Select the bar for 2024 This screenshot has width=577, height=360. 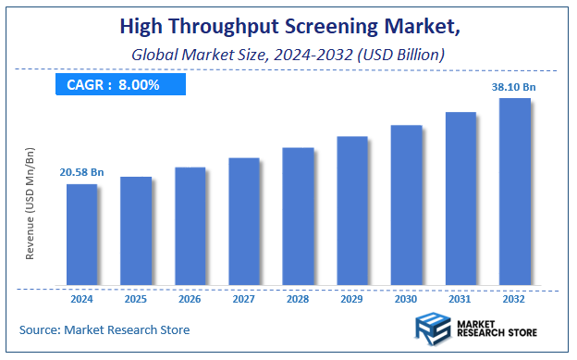[x=81, y=234]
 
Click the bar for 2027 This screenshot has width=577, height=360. [x=243, y=221]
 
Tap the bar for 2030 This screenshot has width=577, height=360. [x=406, y=205]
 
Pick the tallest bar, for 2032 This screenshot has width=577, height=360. [x=515, y=192]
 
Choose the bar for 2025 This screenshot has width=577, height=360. [x=136, y=230]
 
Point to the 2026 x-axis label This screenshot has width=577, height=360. [x=190, y=299]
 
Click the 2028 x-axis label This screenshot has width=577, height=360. [x=298, y=299]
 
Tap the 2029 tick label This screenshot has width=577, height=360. [x=352, y=299]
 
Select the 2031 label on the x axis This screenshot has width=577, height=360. [x=460, y=299]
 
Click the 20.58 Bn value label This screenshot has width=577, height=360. [x=81, y=172]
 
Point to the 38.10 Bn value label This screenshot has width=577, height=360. [x=513, y=87]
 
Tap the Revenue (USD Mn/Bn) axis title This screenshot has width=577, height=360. [x=30, y=203]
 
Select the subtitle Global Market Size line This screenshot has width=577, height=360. [x=287, y=56]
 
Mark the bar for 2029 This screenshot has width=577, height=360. [x=352, y=211]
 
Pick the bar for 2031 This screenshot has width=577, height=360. [x=460, y=198]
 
